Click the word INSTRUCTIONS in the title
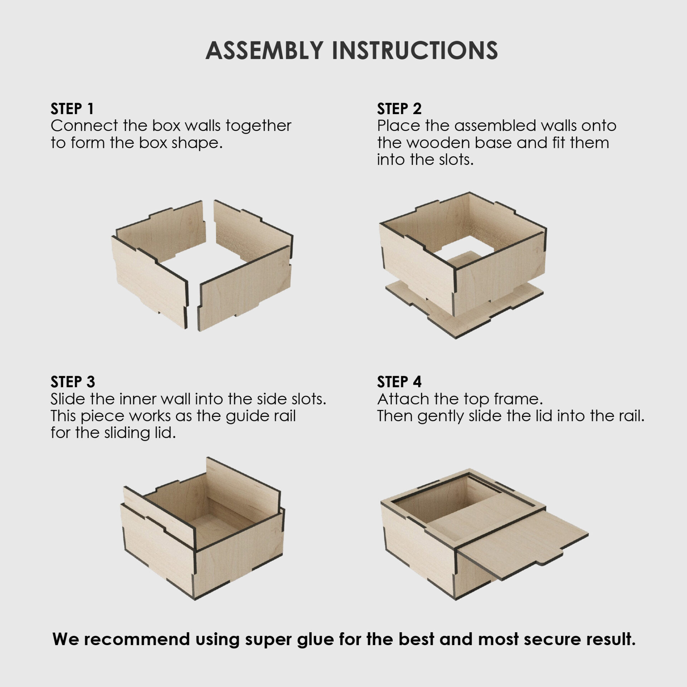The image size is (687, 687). pyautogui.click(x=415, y=50)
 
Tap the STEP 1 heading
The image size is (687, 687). pyautogui.click(x=72, y=109)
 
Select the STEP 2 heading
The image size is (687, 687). pyautogui.click(x=399, y=109)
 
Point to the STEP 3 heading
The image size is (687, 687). pyautogui.click(x=73, y=382)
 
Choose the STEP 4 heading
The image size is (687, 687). pyautogui.click(x=399, y=382)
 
